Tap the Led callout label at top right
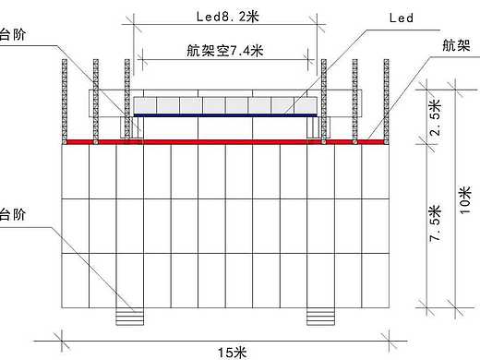point(402,18)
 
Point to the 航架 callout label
point(455,44)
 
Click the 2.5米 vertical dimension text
point(436,114)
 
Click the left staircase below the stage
point(131,317)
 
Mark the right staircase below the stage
point(320,317)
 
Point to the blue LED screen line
point(227,115)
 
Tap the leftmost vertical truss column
point(65,100)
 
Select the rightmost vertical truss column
point(383,100)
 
